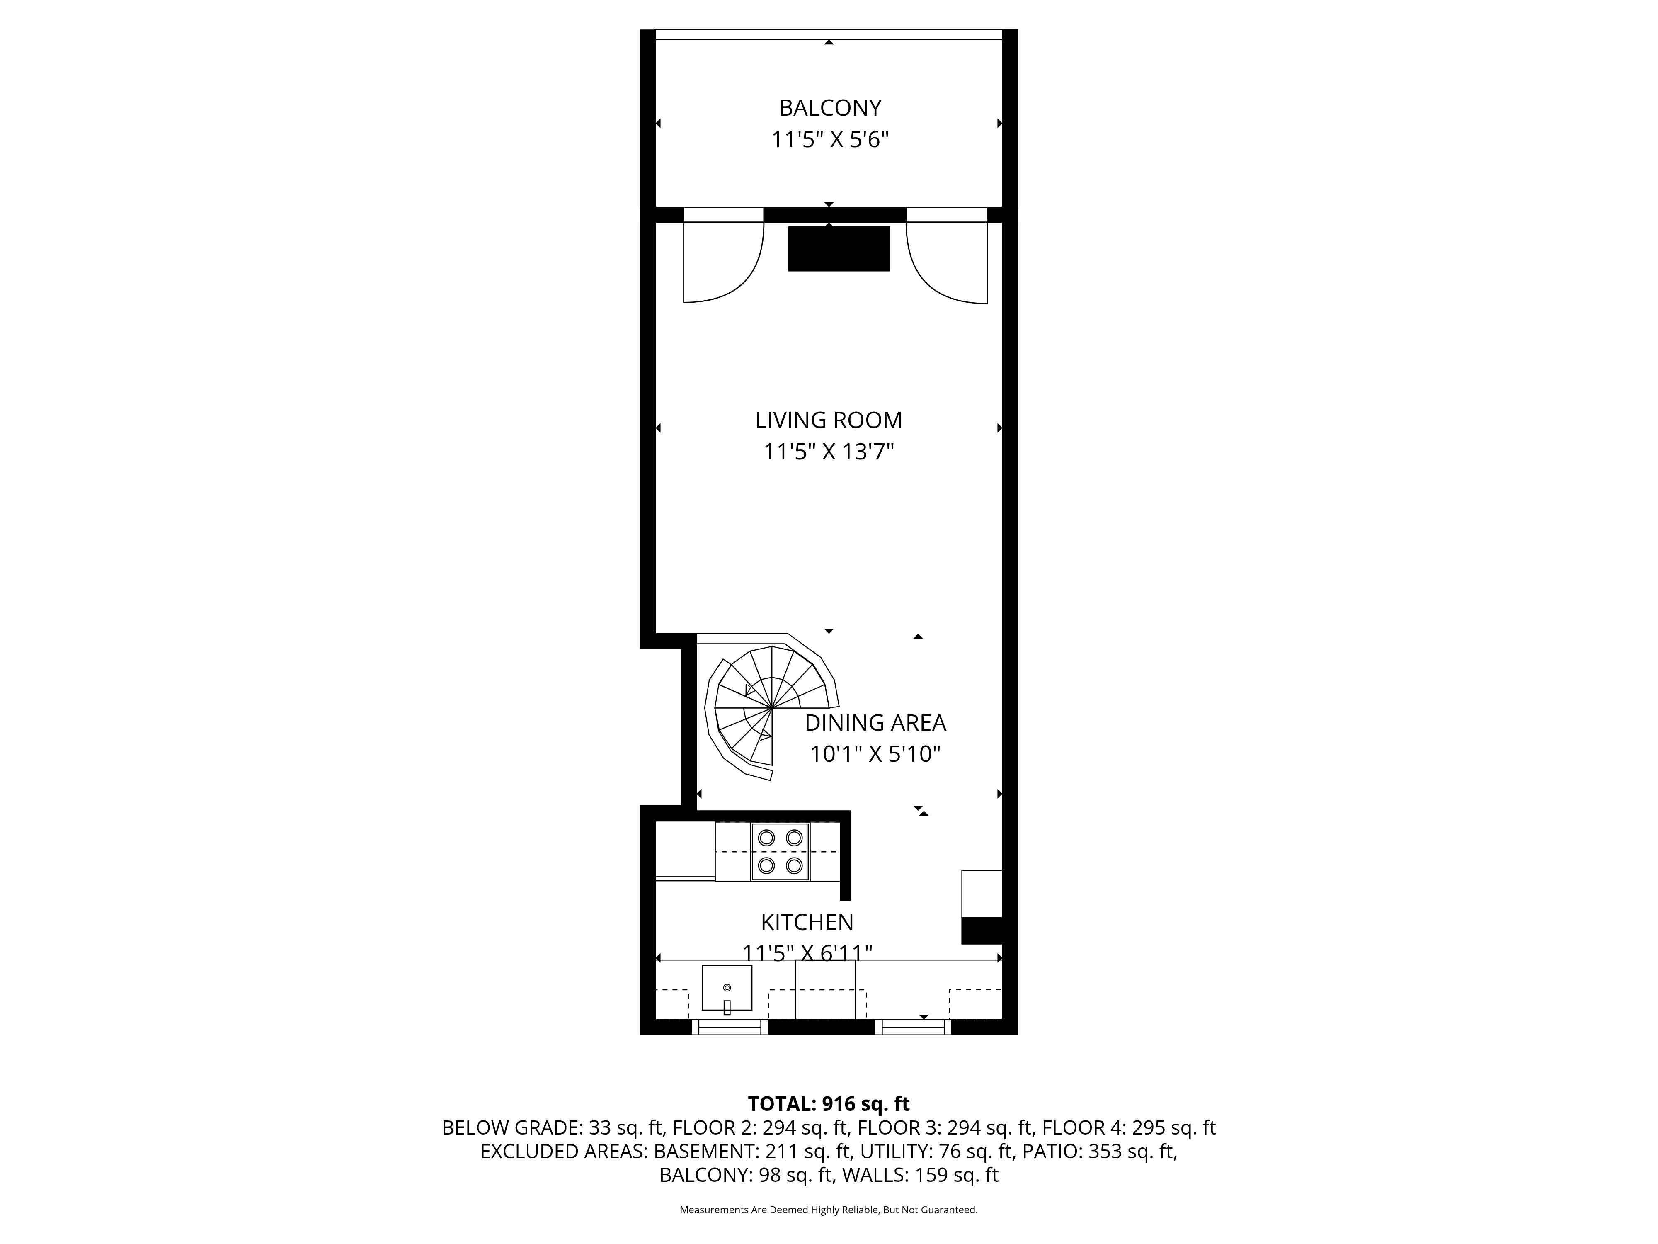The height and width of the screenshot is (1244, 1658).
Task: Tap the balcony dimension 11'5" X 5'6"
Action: tap(830, 140)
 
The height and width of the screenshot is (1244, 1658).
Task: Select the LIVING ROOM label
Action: tap(828, 420)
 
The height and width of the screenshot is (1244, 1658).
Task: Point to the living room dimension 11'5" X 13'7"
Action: tap(828, 452)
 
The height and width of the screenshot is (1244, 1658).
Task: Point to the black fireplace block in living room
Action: tap(839, 248)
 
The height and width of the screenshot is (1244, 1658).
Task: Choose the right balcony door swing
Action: tap(947, 262)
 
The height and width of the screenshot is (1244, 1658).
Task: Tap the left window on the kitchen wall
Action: tap(729, 1027)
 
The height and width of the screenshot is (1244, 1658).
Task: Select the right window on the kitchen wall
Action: tap(913, 1027)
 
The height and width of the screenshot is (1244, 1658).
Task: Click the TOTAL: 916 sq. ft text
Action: tap(828, 1104)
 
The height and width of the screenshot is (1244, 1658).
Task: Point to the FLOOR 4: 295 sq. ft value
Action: tap(1129, 1128)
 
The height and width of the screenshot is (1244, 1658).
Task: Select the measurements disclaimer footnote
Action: tap(828, 1210)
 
